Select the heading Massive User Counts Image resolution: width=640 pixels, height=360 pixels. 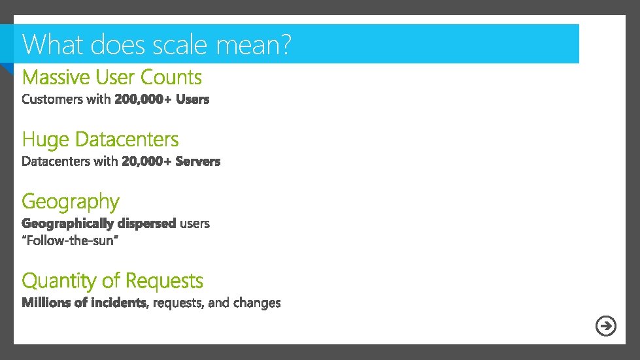[x=112, y=77]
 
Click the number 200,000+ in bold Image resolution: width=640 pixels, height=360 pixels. [x=143, y=99]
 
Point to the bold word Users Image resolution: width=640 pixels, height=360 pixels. [x=192, y=99]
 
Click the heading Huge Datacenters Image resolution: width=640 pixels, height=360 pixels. [x=100, y=139]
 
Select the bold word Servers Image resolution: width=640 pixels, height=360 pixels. [x=198, y=161]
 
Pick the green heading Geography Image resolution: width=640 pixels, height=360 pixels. [x=71, y=202]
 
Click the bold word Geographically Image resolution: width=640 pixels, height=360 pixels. [x=68, y=223]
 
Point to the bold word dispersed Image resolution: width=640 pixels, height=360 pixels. [x=147, y=223]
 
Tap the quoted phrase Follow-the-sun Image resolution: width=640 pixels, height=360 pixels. [x=70, y=241]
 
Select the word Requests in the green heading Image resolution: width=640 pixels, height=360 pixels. [x=163, y=281]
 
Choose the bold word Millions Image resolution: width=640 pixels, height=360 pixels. [x=46, y=303]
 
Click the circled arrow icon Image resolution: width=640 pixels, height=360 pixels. [x=606, y=325]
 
